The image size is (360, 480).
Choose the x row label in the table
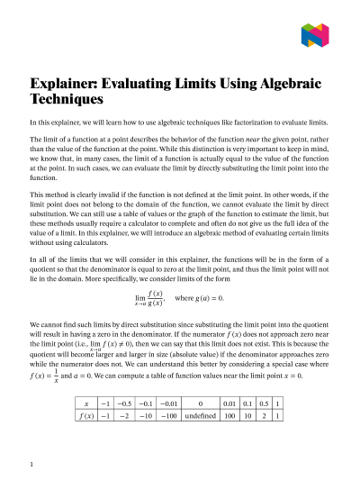pyautogui.click(x=85, y=403)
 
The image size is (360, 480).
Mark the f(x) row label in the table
pyautogui.click(x=85, y=416)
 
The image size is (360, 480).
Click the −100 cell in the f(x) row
pyautogui.click(x=164, y=416)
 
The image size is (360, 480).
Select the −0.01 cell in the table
pyautogui.click(x=164, y=403)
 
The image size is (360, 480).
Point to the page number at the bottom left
pyautogui.click(x=31, y=465)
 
